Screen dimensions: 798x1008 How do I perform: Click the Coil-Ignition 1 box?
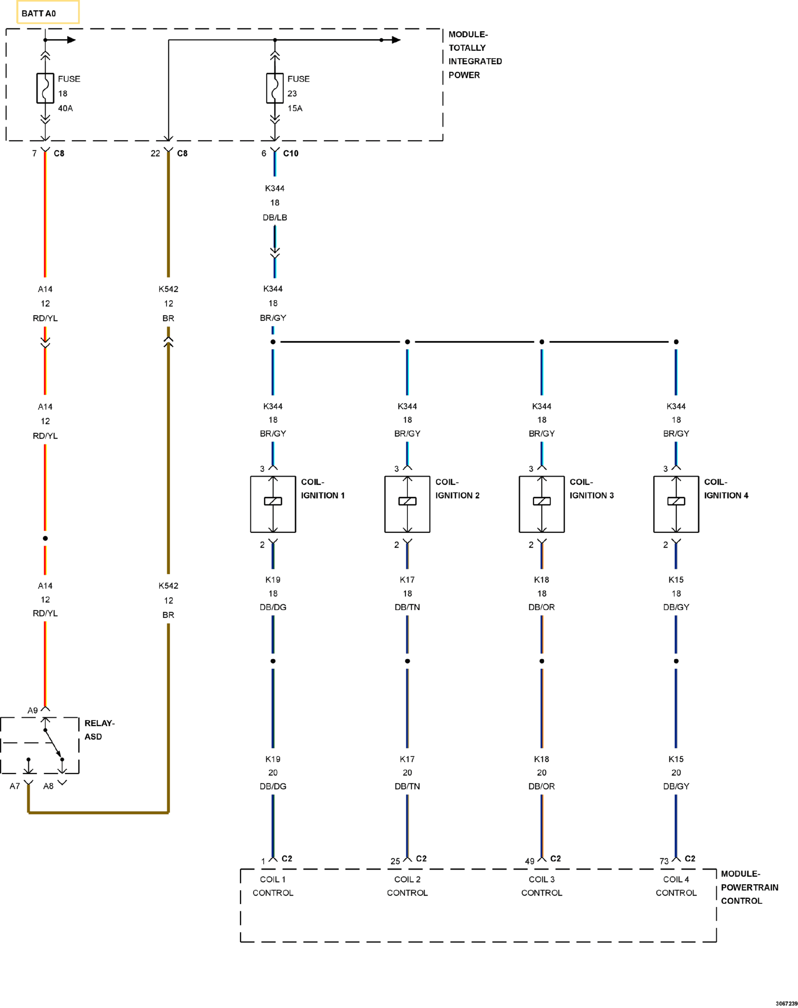point(273,504)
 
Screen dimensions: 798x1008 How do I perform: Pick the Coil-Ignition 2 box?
point(407,504)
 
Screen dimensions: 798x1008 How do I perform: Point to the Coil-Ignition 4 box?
point(676,504)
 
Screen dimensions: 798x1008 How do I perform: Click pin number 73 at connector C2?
point(664,861)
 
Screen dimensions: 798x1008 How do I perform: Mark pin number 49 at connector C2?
point(529,861)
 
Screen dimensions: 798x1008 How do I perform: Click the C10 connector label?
point(291,153)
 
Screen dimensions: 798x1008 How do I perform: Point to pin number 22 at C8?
point(155,153)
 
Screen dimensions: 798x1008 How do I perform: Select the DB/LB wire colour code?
point(275,218)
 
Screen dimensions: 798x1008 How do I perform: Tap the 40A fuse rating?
point(66,108)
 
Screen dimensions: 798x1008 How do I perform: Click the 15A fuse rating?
point(295,108)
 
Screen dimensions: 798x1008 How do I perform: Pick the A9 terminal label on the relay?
point(32,711)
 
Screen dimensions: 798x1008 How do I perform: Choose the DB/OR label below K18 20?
point(541,786)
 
